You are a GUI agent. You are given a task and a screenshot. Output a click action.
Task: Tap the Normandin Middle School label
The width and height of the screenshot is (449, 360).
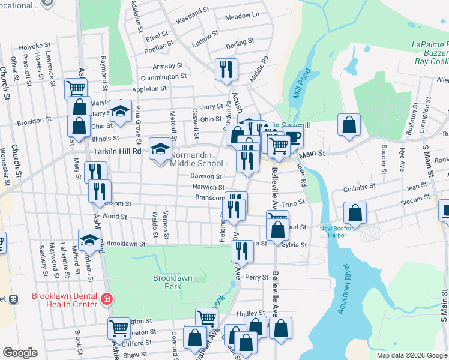point(196,158)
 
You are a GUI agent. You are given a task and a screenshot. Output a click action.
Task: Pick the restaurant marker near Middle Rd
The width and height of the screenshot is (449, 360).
point(226,70)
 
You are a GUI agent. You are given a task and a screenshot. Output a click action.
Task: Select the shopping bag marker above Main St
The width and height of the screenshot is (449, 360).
point(349,125)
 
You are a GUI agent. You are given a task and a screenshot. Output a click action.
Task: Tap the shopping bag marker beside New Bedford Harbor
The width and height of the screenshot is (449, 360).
point(355,213)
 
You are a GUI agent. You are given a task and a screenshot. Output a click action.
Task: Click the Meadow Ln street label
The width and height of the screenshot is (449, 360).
point(246,31)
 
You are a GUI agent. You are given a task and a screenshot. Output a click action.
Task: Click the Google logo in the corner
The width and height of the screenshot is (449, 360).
point(20,353)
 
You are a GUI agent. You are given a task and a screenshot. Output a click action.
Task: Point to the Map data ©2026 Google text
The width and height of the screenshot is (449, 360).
point(411,355)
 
